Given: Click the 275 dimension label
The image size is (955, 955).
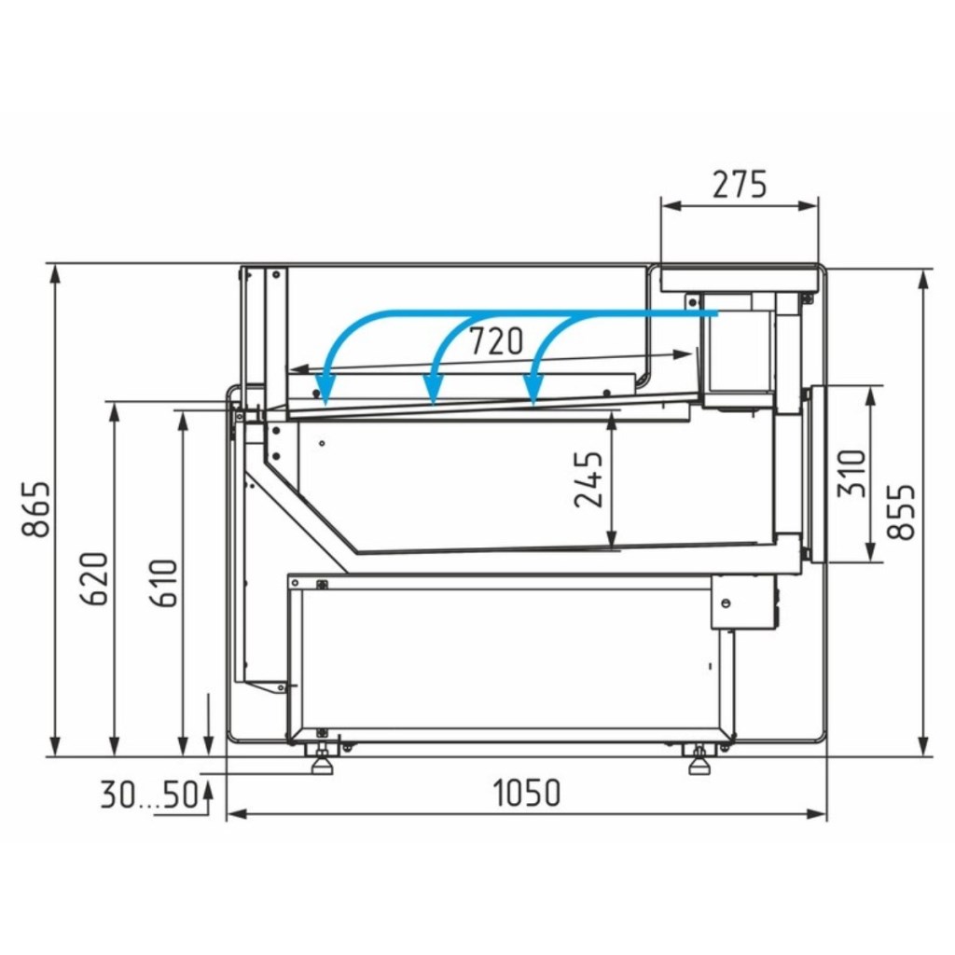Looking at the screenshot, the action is [740, 186].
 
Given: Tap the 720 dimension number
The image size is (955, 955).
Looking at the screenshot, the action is [496, 341].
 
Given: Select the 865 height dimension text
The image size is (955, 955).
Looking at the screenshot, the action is [35, 509].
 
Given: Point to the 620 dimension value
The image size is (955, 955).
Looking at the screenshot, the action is [94, 578].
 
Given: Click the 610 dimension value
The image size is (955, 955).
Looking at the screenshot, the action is [164, 583].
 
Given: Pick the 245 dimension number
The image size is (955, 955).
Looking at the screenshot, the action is [588, 479].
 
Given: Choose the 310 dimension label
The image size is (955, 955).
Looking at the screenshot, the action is [851, 474].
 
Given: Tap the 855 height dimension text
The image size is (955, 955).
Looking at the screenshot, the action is [901, 512].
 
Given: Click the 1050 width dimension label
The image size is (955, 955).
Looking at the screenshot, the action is [526, 793].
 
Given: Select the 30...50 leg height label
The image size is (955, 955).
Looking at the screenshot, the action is [150, 795].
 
